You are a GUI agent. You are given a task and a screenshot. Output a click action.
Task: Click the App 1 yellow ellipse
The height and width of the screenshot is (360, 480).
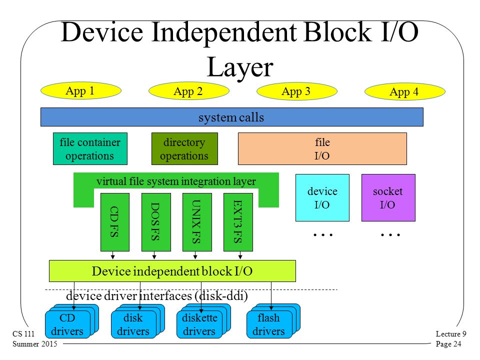(x=81, y=90)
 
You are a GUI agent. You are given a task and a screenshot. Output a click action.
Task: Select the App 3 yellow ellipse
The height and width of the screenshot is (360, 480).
(x=297, y=91)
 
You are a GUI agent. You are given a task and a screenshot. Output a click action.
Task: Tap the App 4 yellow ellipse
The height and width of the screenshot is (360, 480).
(x=404, y=91)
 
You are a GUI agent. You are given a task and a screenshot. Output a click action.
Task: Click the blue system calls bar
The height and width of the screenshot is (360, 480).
(x=231, y=117)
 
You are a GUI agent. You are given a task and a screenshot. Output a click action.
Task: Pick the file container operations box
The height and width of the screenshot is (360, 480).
(x=90, y=149)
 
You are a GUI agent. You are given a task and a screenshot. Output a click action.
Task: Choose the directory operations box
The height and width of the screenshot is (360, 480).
(x=184, y=149)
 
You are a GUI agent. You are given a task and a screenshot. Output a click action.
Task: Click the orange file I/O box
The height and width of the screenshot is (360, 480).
(x=322, y=149)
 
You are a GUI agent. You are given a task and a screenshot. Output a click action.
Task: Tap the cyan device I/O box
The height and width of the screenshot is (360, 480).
(x=322, y=198)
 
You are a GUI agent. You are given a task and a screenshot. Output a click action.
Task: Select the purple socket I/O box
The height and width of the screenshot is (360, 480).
(x=388, y=198)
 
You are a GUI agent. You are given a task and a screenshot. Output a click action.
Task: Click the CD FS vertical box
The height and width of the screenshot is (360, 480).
(x=115, y=222)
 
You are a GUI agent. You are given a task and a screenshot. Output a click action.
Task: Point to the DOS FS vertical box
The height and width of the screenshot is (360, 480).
(x=156, y=222)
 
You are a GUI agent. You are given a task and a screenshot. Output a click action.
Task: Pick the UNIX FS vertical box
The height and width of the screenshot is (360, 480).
(x=197, y=222)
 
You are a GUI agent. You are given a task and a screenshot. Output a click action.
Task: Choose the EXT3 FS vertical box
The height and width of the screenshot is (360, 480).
(x=238, y=222)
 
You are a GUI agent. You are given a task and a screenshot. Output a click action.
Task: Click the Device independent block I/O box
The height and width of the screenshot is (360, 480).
(x=172, y=271)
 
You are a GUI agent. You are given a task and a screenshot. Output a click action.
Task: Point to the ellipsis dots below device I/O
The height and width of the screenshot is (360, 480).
(x=323, y=235)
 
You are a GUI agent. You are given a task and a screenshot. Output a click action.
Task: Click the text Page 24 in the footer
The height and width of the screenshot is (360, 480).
(x=448, y=344)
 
